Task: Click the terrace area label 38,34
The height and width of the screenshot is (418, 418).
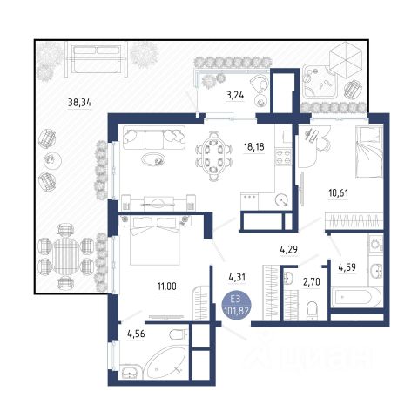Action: (79, 103)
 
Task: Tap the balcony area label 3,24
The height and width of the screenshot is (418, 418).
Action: (235, 95)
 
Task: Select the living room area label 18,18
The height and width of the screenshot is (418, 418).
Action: (254, 147)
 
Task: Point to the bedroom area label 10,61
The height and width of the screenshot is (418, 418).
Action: (339, 192)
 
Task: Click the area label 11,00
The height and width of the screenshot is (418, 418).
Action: (167, 287)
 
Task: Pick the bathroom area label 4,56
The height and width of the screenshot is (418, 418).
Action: (136, 334)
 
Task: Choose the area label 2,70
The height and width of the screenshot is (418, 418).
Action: (312, 282)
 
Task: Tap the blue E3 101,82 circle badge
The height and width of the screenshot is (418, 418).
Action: (236, 306)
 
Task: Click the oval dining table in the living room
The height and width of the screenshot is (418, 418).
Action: (214, 155)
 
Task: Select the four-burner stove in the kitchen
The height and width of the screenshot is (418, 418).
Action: (283, 157)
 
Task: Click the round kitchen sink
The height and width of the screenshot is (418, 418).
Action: (282, 199)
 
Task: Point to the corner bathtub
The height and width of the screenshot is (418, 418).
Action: (165, 362)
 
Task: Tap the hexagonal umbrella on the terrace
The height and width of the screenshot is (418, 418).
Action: (346, 59)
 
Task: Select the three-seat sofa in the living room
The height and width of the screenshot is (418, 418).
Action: (154, 138)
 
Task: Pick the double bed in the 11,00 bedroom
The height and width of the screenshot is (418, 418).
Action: (154, 240)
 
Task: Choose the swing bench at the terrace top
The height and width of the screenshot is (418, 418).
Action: (97, 59)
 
